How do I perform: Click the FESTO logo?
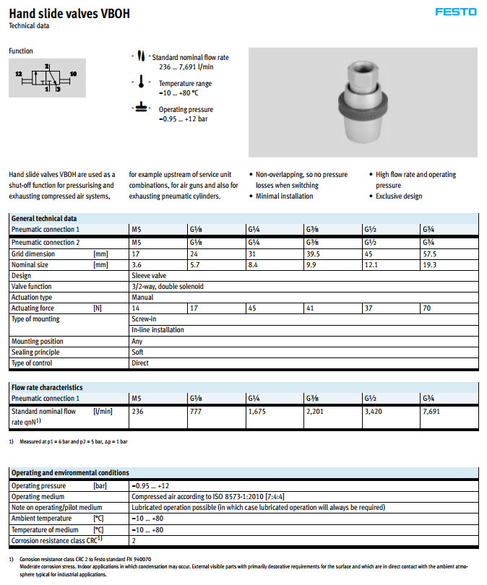[x=455, y=12]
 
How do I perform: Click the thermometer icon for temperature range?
[x=142, y=84]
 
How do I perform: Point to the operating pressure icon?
[x=142, y=110]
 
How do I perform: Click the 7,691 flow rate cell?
[x=432, y=412]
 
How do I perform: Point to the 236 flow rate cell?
[x=138, y=412]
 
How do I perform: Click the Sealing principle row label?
[x=35, y=352]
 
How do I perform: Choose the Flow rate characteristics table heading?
[x=47, y=387]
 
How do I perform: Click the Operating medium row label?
[x=38, y=496]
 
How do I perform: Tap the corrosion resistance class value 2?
[x=134, y=539]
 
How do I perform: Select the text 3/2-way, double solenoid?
[x=167, y=286]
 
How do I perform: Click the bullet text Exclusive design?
[x=399, y=196]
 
